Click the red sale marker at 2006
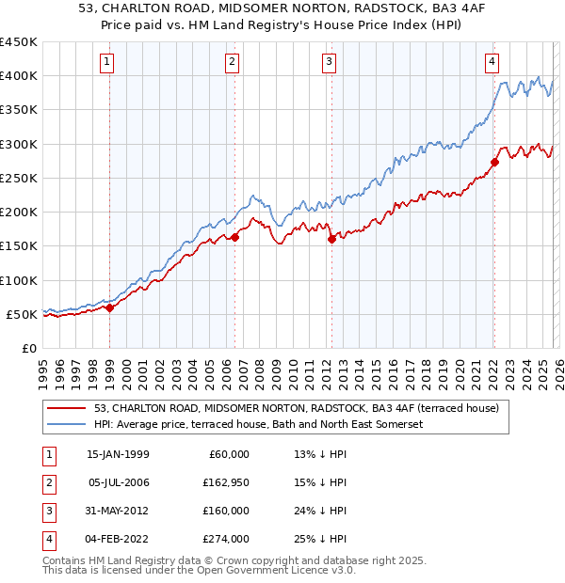tap(234, 237)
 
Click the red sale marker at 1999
tap(109, 307)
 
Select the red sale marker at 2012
tap(331, 239)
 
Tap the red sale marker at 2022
tap(494, 162)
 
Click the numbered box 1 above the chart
tap(107, 63)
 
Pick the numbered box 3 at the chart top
tap(330, 63)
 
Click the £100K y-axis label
tap(19, 280)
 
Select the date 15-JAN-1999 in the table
tap(118, 454)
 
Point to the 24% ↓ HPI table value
tap(319, 511)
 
